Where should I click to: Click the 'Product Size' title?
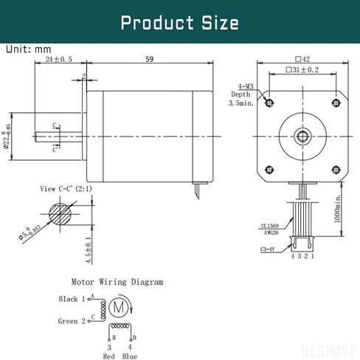coord(179,22)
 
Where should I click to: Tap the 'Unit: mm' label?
coord(29,49)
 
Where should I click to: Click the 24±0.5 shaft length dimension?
coord(58,59)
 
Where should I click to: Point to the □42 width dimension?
coord(302,58)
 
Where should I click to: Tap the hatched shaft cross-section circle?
coord(61,215)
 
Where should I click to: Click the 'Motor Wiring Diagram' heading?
coord(117,281)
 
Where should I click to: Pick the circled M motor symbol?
coord(117,305)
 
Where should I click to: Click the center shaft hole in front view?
coord(302,136)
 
